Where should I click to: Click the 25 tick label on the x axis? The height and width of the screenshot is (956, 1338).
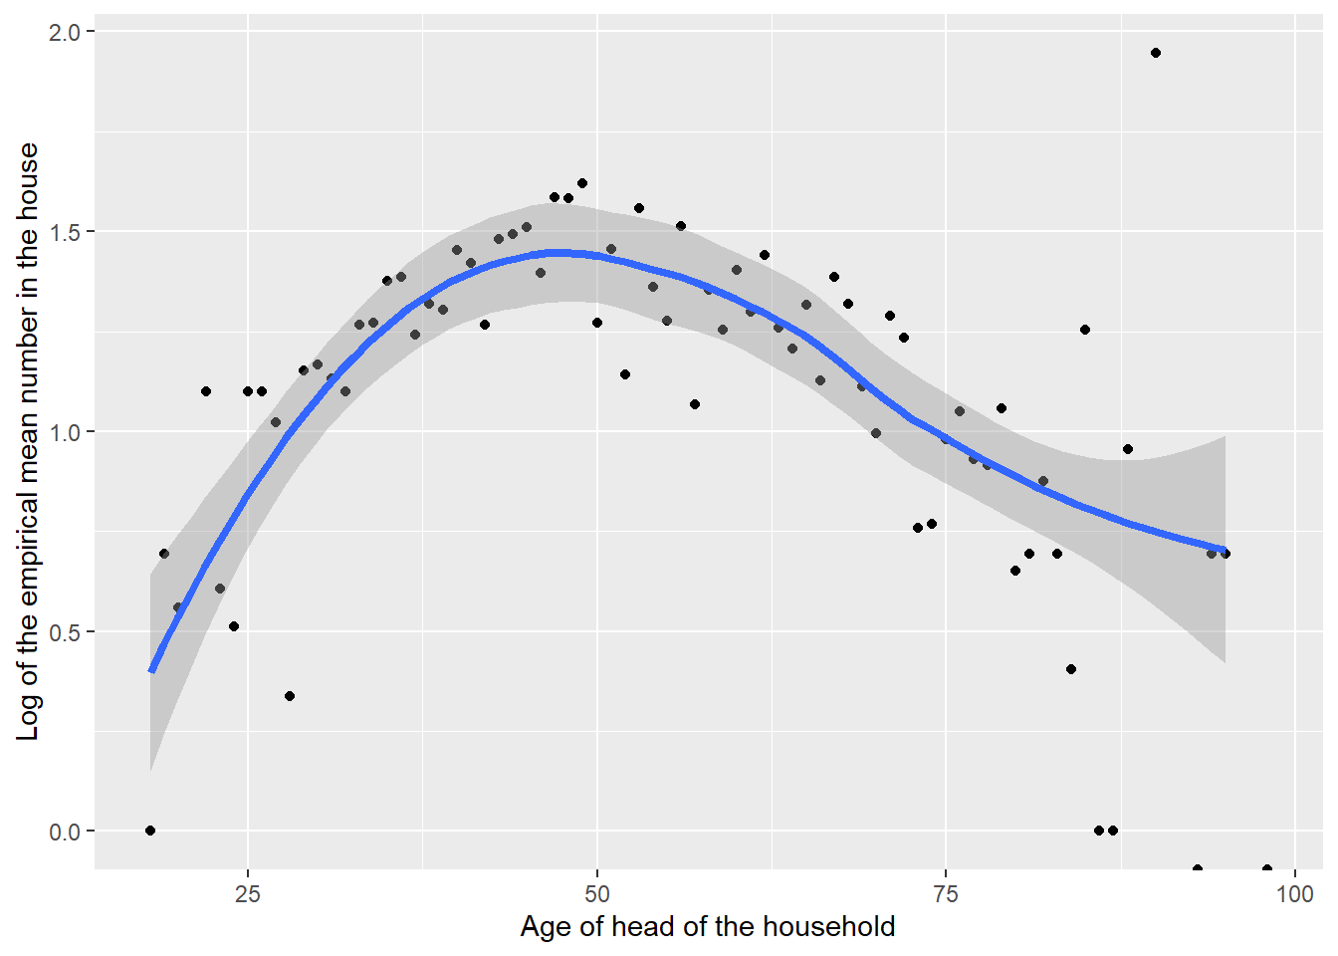248,893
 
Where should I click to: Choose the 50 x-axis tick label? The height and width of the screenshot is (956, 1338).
597,893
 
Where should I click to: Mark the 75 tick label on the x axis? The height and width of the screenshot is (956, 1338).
946,893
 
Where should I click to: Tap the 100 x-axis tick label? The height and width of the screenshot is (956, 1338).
1294,893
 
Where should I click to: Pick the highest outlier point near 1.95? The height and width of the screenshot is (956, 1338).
1156,53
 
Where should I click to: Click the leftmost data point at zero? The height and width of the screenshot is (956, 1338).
150,831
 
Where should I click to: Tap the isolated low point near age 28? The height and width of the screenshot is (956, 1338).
290,696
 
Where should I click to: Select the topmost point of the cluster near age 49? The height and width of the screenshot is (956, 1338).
582,183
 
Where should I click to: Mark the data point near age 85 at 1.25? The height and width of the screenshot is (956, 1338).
1085,330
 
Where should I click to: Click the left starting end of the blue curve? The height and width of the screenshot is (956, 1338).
151,670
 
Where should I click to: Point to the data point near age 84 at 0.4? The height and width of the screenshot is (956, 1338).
1071,669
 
